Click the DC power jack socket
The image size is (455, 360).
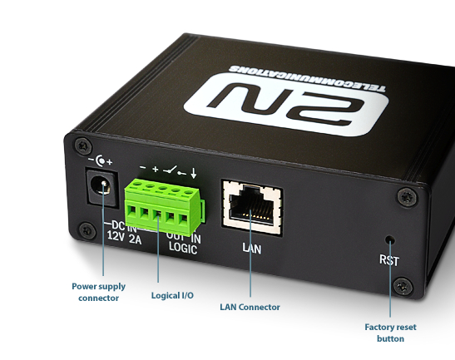[102, 187]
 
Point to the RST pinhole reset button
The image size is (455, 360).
[390, 239]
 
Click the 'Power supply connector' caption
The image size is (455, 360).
[99, 292]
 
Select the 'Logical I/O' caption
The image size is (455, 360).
[172, 296]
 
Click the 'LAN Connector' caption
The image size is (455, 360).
[250, 307]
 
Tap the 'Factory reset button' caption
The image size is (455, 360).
[390, 333]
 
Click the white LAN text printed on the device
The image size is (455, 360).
[252, 249]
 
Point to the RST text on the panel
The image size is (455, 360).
[389, 260]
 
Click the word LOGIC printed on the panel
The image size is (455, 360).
[183, 249]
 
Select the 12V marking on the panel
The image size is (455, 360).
[116, 236]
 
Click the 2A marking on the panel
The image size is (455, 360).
[135, 239]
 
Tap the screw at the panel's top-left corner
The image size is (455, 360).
[83, 145]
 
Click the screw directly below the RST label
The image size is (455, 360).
[403, 287]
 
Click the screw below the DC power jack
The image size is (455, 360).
[87, 231]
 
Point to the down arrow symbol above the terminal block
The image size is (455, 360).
[194, 173]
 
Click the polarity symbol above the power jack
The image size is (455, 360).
[100, 161]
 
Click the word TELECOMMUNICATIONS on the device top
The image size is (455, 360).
[307, 77]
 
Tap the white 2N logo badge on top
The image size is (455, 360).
[287, 105]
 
